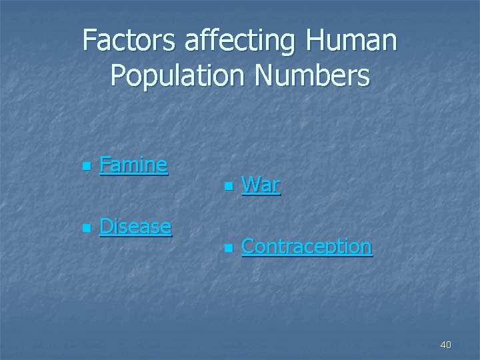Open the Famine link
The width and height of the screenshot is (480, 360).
(133, 164)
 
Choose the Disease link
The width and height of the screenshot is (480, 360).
(135, 226)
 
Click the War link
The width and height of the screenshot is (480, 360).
(261, 184)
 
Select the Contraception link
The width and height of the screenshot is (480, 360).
(307, 247)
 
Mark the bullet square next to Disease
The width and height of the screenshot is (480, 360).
(84, 228)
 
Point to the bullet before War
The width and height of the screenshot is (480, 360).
(227, 186)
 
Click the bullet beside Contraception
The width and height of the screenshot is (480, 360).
(227, 248)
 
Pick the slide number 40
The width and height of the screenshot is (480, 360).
(445, 345)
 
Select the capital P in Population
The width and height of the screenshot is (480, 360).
(119, 76)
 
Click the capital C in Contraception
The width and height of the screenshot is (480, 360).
(248, 247)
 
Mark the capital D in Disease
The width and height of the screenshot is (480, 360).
(106, 226)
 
